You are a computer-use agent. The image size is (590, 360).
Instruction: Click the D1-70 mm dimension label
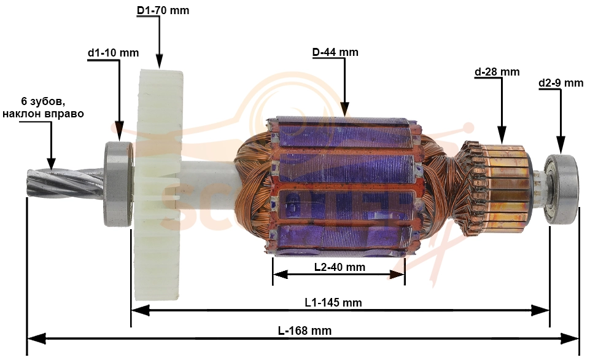point(163,10)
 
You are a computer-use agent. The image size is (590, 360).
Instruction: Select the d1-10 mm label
point(113,53)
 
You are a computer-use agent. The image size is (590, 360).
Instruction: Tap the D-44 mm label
point(335,52)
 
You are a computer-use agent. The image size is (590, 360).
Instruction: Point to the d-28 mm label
point(497,72)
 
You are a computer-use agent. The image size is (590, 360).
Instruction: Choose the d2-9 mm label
point(561,83)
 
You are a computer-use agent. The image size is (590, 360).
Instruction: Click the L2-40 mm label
point(340,267)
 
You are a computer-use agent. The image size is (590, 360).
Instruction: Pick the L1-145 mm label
point(333,302)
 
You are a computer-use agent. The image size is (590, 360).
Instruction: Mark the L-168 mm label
point(305,331)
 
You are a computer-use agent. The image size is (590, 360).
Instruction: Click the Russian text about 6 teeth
point(43,108)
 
